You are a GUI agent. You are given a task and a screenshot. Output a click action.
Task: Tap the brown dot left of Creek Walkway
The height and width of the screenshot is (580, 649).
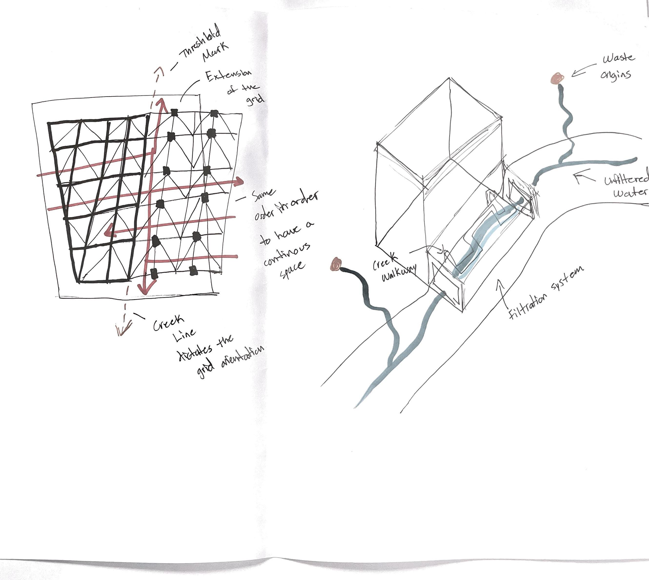tap(336, 264)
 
